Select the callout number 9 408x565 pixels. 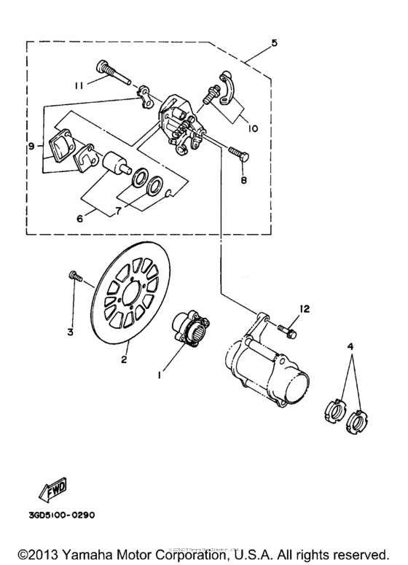click(x=31, y=147)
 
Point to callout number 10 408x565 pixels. click(x=252, y=128)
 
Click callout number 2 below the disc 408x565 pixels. click(x=125, y=359)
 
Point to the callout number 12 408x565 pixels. click(x=304, y=309)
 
